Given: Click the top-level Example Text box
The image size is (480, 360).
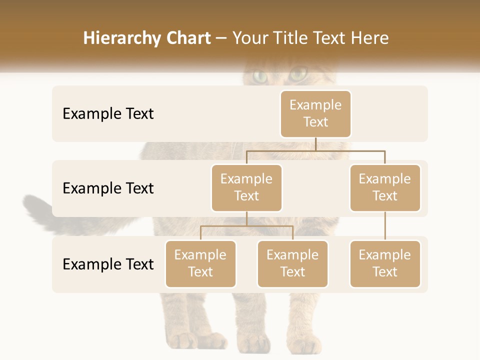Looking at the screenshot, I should pyautogui.click(x=315, y=114).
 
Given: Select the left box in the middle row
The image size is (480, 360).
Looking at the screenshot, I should pyautogui.click(x=246, y=188).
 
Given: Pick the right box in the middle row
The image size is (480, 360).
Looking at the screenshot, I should pyautogui.click(x=385, y=188).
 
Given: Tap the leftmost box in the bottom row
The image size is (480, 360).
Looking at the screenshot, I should pyautogui.click(x=200, y=264).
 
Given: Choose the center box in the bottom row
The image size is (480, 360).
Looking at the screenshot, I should pyautogui.click(x=292, y=264).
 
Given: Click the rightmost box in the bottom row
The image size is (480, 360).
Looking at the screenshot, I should pyautogui.click(x=385, y=264).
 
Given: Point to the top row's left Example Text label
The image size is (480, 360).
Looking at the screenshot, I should pyautogui.click(x=108, y=114).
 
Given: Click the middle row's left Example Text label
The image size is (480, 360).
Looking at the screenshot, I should pyautogui.click(x=108, y=188).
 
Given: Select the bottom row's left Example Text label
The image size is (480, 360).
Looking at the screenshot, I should pyautogui.click(x=108, y=264).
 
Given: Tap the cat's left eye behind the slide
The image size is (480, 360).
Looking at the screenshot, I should pyautogui.click(x=260, y=76).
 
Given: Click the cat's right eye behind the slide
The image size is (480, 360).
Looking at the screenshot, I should pyautogui.click(x=298, y=75).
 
